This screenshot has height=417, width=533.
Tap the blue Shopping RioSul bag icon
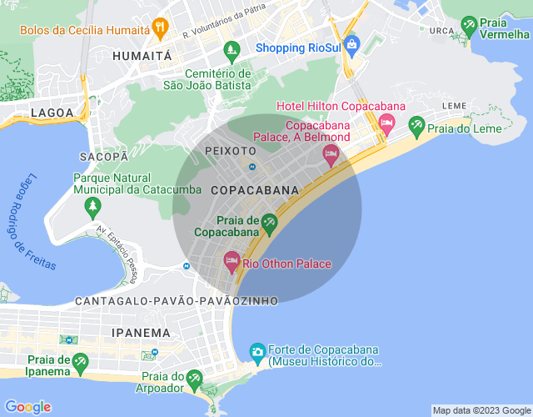tap(351, 45)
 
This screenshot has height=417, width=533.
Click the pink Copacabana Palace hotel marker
tap(331, 154)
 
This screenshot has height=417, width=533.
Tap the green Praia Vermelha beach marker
tap(469, 25)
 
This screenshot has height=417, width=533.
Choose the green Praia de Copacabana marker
tap(269, 222)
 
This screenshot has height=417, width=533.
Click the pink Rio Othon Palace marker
tap(232, 262)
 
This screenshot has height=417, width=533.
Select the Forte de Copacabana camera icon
tap(258, 352)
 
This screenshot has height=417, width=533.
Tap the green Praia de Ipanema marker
tap(80, 361)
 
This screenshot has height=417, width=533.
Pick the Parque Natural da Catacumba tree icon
tap(93, 205)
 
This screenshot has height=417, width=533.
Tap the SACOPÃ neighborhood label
tap(104, 156)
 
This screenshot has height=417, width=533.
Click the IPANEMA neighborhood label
tap(141, 332)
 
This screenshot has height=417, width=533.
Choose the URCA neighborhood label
tap(441, 30)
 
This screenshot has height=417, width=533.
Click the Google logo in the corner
tap(27, 406)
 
